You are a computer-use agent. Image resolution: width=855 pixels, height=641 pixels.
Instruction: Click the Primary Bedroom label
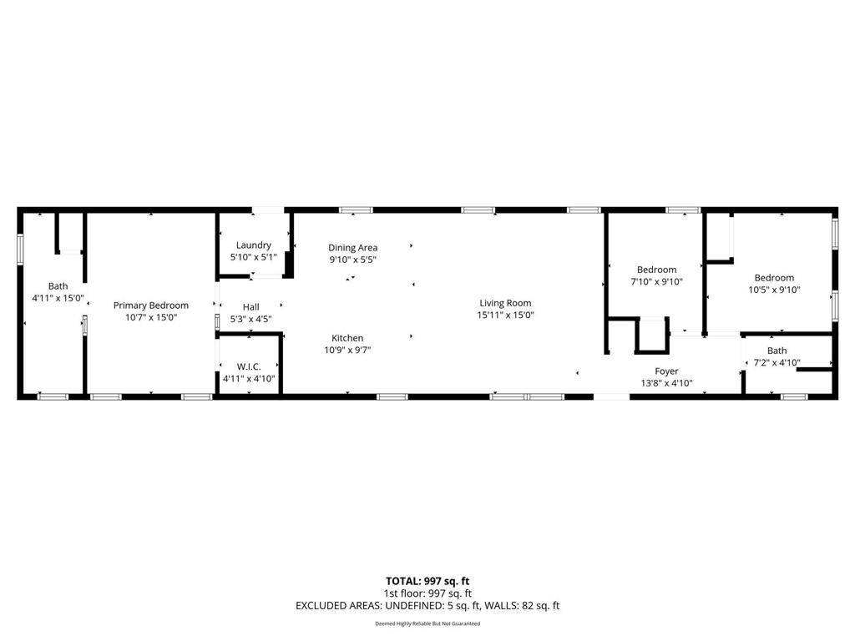coord(151,305)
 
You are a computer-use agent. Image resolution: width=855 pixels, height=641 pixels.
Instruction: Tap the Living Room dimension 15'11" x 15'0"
coord(505,315)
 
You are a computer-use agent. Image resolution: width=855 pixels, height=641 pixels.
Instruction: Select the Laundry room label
coord(253,245)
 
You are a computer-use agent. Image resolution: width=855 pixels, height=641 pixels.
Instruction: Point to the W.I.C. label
coord(248,366)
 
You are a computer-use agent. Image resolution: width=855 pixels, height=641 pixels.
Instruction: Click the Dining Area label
coord(352,247)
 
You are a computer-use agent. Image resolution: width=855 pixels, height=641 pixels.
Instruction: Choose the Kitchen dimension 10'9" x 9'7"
coord(347,351)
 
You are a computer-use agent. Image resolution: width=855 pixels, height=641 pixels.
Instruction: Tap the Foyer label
coord(666,371)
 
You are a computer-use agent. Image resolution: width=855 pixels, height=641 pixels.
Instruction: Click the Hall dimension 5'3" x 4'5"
coord(250,319)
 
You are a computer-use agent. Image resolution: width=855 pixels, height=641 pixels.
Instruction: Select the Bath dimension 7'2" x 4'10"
coord(777,363)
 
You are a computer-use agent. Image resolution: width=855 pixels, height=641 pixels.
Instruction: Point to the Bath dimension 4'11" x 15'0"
coord(58,298)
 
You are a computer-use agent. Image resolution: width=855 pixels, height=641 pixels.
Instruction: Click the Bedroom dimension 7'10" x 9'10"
coord(656,282)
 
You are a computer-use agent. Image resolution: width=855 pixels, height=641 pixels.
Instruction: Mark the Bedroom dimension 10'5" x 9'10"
coord(774,290)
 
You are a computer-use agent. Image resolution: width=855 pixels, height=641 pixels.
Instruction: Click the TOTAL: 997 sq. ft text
coord(427,581)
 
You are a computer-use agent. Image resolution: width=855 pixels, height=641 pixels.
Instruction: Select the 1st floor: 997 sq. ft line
coord(427,593)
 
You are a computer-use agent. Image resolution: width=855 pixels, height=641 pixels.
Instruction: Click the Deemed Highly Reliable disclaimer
coord(427,623)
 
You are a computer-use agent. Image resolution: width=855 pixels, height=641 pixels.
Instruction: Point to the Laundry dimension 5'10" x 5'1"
coord(253,257)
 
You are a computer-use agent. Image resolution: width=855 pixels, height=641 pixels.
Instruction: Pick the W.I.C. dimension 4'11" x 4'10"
coord(248,379)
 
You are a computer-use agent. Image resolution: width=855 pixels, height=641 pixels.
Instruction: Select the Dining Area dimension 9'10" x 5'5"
coord(352,260)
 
